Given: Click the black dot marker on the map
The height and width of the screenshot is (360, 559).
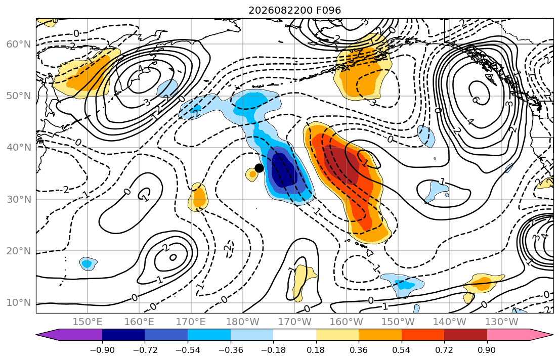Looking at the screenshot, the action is point(259,168).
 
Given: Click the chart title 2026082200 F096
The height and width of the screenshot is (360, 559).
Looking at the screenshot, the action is point(294,10).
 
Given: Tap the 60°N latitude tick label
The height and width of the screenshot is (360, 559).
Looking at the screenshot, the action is point(19,44).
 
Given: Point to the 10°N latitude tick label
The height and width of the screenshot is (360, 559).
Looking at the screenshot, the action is point(19,303).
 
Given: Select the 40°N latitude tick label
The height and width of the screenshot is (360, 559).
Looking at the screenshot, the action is point(19,148).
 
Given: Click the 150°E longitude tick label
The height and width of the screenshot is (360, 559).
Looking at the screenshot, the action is point(88,322).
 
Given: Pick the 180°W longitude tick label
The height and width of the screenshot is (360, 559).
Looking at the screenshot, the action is point(243,322).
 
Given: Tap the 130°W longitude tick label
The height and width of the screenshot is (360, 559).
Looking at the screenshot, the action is point(502,322).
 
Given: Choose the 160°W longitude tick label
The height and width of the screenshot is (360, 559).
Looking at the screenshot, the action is point(347,322).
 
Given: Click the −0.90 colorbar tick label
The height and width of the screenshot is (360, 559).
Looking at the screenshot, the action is point(102,350).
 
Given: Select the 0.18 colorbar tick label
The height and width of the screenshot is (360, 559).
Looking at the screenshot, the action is point(316,350).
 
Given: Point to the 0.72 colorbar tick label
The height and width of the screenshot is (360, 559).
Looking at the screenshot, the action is point(444,350).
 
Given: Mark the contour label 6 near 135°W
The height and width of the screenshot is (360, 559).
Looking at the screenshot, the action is point(475,100).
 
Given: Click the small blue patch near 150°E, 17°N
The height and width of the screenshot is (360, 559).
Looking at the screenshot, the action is point(88,264).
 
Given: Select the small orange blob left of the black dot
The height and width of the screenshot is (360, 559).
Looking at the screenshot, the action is point(252,174).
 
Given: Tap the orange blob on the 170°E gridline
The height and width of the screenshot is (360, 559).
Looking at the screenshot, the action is point(198,197).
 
